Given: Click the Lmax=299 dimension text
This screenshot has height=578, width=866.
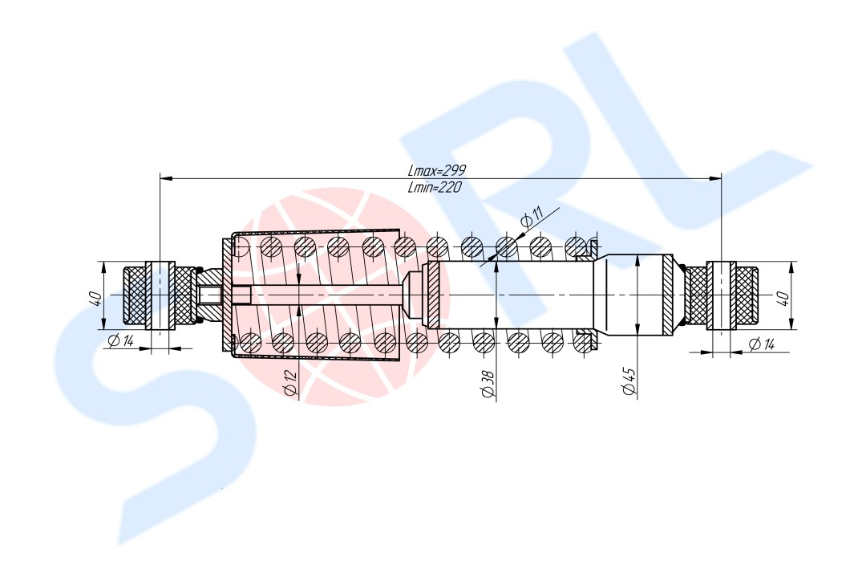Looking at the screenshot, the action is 437,170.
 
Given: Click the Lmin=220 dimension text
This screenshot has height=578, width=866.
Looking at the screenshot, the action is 434,187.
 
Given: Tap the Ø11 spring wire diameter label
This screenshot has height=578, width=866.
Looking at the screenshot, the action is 532,218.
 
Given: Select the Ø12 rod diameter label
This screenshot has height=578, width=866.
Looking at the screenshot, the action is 290,382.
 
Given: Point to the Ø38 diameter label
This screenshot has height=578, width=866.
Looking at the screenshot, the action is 488,383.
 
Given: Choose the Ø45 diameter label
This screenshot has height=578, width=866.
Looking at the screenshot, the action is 629,381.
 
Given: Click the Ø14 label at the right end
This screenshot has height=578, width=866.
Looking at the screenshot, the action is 762,344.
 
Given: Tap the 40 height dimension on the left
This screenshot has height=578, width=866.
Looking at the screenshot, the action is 95,299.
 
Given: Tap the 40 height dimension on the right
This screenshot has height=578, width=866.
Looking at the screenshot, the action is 783,299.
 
